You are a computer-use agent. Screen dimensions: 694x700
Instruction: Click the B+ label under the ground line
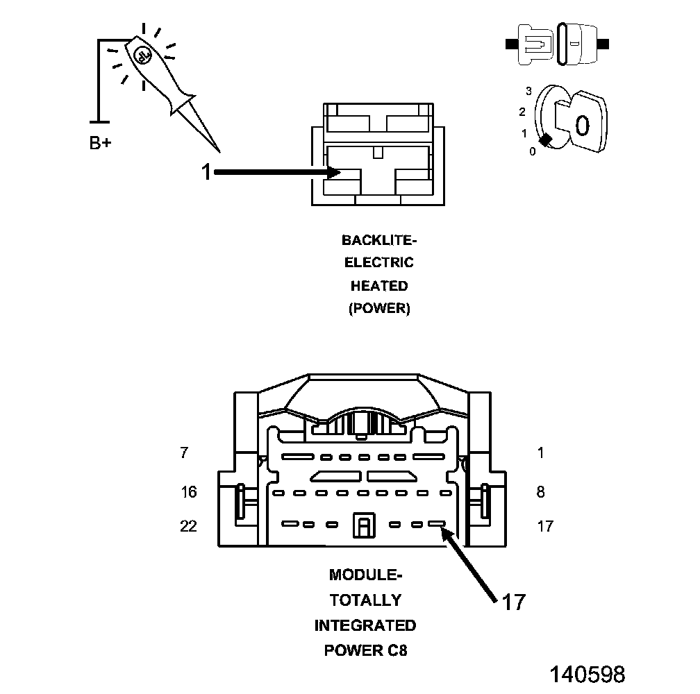[x=100, y=144]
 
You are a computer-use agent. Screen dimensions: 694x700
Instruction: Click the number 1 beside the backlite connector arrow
[x=206, y=171]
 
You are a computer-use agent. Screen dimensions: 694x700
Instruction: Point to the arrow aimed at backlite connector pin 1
[x=278, y=171]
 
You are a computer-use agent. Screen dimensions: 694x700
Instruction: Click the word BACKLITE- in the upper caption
[x=379, y=241]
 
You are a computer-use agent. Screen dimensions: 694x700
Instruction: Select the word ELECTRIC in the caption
[x=379, y=263]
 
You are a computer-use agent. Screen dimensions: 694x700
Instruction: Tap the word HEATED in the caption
[x=379, y=286]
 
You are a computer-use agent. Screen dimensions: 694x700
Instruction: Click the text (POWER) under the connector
[x=379, y=309]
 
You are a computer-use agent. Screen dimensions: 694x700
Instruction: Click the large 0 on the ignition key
[x=582, y=125]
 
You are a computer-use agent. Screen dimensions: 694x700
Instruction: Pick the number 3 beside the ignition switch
[x=528, y=91]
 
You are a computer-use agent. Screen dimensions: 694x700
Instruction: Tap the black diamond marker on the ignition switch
[x=547, y=139]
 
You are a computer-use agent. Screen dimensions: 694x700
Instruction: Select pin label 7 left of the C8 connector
[x=184, y=453]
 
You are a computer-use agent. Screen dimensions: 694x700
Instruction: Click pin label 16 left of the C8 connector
[x=188, y=492]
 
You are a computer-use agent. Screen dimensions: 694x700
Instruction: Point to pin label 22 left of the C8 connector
[x=188, y=526]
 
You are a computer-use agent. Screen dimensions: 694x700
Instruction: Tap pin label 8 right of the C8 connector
[x=541, y=492]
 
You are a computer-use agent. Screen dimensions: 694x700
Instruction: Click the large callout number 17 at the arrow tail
[x=513, y=602]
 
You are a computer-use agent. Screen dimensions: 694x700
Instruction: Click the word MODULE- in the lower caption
[x=365, y=575]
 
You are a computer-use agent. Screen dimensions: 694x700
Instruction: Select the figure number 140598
[x=587, y=674]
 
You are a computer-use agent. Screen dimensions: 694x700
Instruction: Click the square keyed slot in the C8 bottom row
[x=363, y=525]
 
